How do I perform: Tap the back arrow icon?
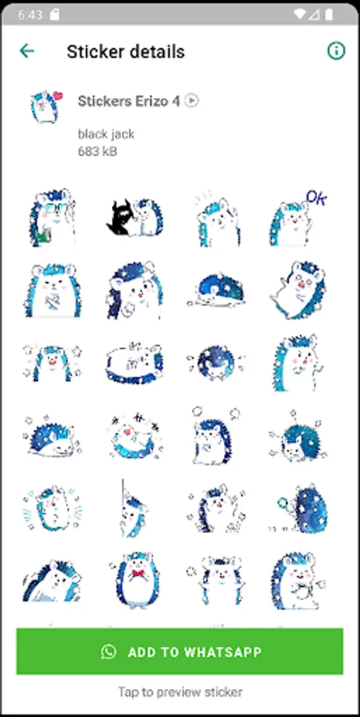coord(27,51)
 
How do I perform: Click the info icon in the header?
coord(336,51)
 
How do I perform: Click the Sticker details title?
coord(126,52)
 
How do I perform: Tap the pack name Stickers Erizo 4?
coord(128,100)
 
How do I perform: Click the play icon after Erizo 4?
coord(192,100)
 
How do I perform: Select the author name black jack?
coord(106,134)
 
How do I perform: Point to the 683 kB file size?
coord(97,151)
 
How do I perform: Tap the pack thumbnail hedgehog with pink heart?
coord(46,107)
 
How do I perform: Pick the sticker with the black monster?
coord(135,217)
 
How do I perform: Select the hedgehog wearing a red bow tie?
coord(135,580)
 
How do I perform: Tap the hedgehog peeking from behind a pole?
coord(131,508)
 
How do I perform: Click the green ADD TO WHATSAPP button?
coord(180,651)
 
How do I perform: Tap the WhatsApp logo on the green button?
coord(109,652)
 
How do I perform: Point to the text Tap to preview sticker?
coord(180,692)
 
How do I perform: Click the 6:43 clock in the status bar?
coord(29,14)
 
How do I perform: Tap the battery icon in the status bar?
coord(328,14)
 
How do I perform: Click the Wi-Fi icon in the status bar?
coord(300,14)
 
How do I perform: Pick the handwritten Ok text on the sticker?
coord(316,198)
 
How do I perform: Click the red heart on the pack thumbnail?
coord(58,96)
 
